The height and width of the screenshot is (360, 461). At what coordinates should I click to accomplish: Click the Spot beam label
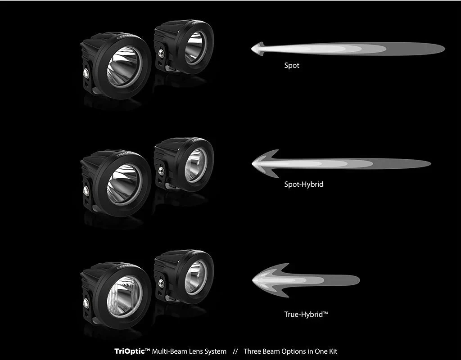point(292,66)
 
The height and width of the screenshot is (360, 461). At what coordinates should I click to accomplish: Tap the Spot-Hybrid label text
point(303,184)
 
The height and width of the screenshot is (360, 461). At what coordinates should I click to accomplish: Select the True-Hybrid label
point(306,315)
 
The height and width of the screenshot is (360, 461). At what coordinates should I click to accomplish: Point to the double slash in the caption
point(235,351)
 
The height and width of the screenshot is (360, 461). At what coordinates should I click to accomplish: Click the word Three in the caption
point(253,351)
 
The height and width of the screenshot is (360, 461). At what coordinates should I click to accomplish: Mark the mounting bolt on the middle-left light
point(86,189)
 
